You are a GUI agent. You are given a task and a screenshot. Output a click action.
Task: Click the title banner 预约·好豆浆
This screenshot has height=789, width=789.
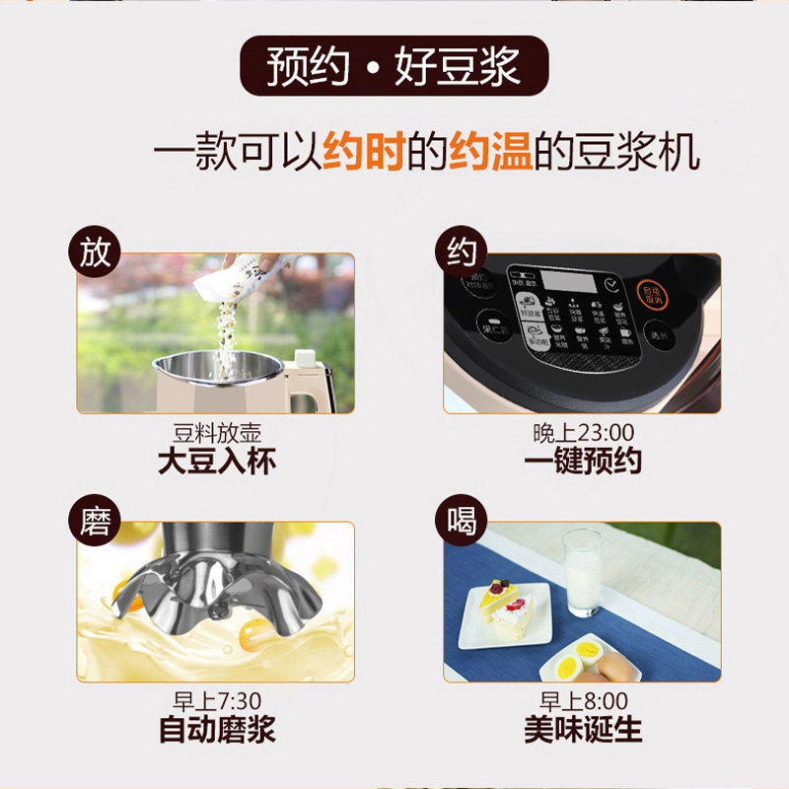pos(394,66)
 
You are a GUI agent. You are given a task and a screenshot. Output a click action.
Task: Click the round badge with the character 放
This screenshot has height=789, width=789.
pos(95,254)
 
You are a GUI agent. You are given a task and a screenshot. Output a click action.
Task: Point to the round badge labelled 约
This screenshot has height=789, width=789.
pos(461,254)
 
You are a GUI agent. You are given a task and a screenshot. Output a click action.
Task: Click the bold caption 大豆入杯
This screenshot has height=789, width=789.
pos(216,463)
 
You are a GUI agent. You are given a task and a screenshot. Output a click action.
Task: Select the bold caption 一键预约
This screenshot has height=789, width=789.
pos(582,463)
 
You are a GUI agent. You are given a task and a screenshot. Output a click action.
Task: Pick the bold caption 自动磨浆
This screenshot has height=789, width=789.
pos(216,731)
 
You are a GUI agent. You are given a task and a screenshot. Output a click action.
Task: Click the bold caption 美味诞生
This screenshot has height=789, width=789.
pos(582,731)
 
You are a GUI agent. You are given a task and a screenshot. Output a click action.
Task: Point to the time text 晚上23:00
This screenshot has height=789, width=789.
pos(582,433)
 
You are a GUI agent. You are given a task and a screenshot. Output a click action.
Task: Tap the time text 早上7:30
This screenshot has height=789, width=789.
pos(216,701)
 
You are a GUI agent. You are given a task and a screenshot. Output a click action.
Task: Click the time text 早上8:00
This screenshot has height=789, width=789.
pos(582,701)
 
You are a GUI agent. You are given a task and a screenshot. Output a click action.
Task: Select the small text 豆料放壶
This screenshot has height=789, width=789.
pos(216,433)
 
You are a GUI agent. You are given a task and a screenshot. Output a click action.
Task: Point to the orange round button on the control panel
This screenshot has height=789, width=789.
pos(649,294)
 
